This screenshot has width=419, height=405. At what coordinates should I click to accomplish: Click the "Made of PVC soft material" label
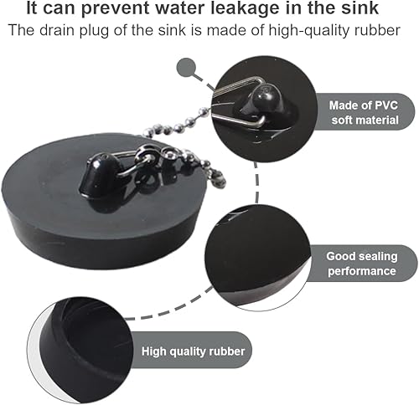click(x=363, y=112)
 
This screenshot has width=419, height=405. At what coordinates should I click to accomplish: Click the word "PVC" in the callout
click(x=386, y=105)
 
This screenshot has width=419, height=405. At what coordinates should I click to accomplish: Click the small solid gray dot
click(x=187, y=67)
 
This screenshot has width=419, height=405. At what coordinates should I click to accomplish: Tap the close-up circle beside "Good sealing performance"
click(x=257, y=258)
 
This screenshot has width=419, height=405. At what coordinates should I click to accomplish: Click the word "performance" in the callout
click(x=362, y=271)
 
